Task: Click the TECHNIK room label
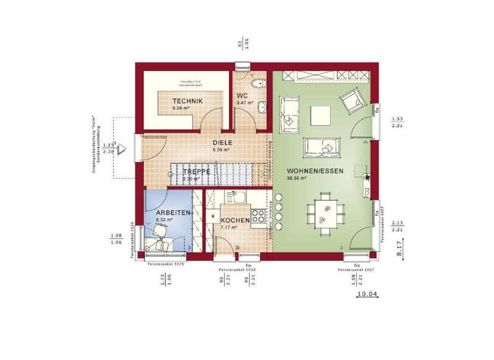pyautogui.click(x=188, y=101)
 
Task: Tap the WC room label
pyautogui.click(x=242, y=96)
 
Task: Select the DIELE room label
pyautogui.click(x=222, y=143)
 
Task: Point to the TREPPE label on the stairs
pyautogui.click(x=196, y=172)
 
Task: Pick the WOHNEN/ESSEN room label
pyautogui.click(x=311, y=171)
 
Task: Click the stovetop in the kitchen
pyautogui.click(x=258, y=217)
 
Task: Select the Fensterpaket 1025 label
pyautogui.click(x=166, y=264)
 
